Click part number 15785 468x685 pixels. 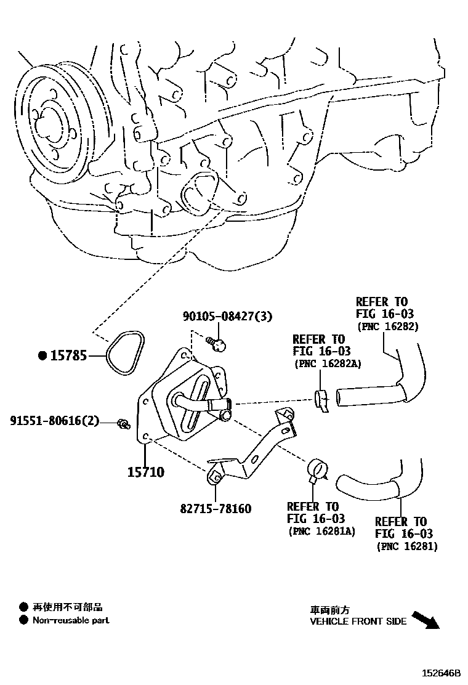68,355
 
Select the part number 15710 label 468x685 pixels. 146,472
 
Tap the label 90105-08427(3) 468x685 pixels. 227,316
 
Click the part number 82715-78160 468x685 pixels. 216,509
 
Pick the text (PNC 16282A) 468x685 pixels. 326,364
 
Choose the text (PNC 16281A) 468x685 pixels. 321,531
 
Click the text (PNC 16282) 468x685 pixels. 387,326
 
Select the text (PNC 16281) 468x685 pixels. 406,546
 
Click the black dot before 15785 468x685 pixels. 42,355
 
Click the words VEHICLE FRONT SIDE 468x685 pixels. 358,622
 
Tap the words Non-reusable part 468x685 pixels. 71,620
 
